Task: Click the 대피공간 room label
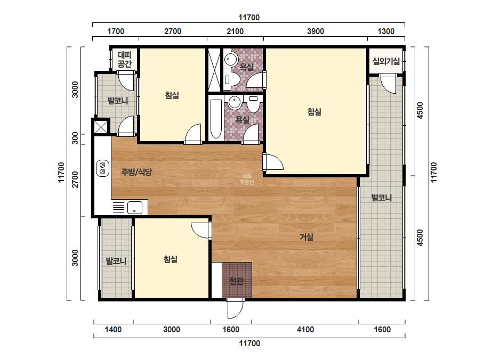pos(125,60)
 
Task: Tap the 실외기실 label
pos(386,61)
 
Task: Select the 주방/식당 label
pos(136,171)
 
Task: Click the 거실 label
pos(307,237)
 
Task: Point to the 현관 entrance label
pos(236,281)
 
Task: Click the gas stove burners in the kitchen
pos(102,168)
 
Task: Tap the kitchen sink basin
pos(135,208)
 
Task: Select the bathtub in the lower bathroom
pos(215,119)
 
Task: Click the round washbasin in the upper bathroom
pos(231,59)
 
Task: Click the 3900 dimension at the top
pos(316,31)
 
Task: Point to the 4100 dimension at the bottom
pos(305,330)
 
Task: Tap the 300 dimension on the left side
pos(75,138)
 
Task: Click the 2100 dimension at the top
pos(235,31)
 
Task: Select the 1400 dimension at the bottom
pos(113,330)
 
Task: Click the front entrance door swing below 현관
pos(235,308)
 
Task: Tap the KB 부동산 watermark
pos(247,179)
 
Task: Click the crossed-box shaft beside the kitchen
pos(101,127)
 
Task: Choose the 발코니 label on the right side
pos(382,198)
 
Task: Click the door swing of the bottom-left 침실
pos(201,230)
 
